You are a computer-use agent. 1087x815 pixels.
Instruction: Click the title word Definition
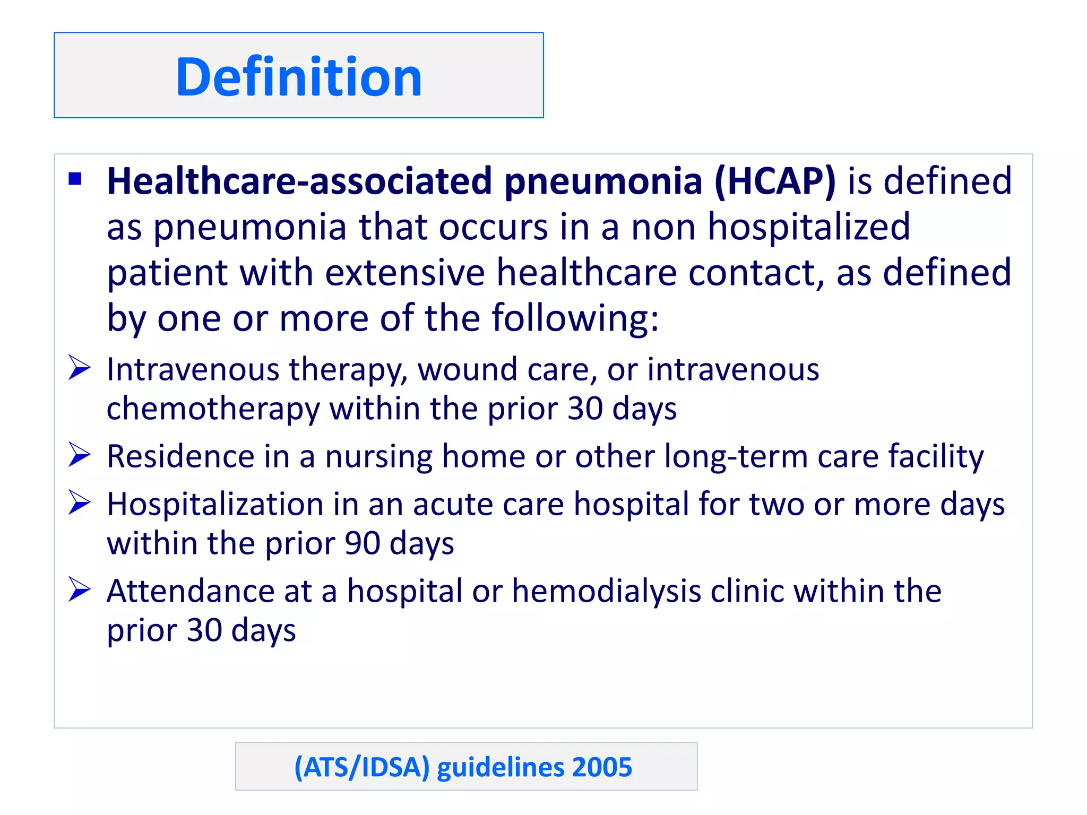coord(299,77)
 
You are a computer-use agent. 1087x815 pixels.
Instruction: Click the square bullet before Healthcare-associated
coord(75,179)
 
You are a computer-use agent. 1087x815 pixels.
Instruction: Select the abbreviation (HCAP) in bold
coord(775,181)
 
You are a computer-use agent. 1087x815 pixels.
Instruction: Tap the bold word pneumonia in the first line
coord(603,181)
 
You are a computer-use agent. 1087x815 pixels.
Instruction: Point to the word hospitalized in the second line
coord(809,227)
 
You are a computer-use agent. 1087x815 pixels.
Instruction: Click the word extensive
coord(405,273)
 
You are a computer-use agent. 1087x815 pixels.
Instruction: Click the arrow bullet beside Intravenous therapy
coord(80,368)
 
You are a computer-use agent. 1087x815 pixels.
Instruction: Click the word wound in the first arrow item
coord(467,369)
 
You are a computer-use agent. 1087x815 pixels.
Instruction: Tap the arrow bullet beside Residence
coord(80,455)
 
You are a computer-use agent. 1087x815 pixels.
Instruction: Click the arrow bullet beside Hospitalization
coord(80,502)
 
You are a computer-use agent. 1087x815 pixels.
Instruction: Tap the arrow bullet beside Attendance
coord(80,589)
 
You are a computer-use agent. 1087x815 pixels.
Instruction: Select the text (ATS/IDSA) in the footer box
coord(361,767)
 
